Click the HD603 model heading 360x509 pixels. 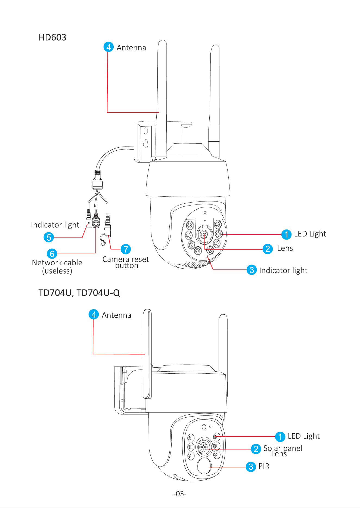point(52,38)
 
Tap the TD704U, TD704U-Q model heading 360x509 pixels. point(79,293)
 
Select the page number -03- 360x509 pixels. point(180,494)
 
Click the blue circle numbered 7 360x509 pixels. point(126,249)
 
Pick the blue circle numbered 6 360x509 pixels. point(52,254)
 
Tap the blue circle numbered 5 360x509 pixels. point(49,237)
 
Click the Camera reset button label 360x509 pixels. point(126,262)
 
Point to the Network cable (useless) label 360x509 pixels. point(57,267)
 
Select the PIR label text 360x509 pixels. point(264,466)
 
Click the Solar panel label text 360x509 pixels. point(283,448)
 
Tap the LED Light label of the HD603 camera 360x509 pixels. point(310,234)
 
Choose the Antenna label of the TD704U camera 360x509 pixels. point(116,315)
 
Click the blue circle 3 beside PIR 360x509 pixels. point(251,467)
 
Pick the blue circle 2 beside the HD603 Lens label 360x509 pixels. point(268,249)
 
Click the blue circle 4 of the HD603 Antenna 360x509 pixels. point(108,47)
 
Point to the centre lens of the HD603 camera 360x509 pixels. point(204,234)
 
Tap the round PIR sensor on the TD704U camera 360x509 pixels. point(204,466)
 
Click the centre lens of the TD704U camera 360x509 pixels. point(203,447)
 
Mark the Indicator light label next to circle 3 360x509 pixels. point(283,271)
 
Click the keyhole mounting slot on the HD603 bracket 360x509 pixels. point(146,143)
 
